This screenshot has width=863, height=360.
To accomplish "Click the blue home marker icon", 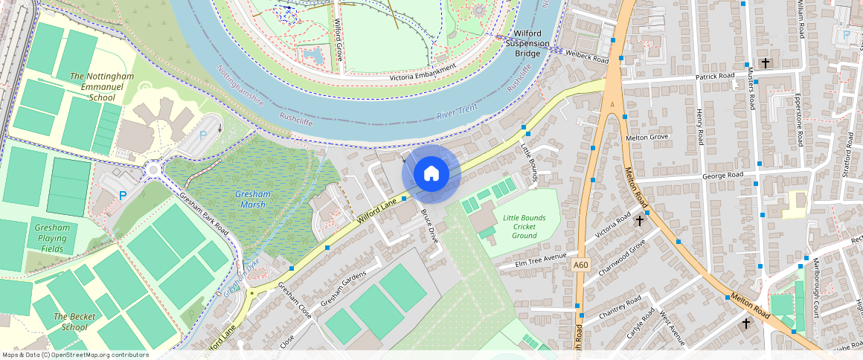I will [431, 174].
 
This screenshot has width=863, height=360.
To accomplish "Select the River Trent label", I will [456, 111].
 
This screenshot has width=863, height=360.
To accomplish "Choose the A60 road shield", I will [581, 264].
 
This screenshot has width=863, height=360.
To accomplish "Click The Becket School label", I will [74, 321].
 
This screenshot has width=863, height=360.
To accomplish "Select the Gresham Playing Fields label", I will [52, 238].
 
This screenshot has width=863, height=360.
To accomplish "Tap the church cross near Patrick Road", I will [766, 63].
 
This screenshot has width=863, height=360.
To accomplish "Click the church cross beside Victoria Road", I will [639, 220].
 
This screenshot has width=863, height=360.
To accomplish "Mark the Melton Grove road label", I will [648, 137].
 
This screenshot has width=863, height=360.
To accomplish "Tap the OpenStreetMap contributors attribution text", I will [75, 355].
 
